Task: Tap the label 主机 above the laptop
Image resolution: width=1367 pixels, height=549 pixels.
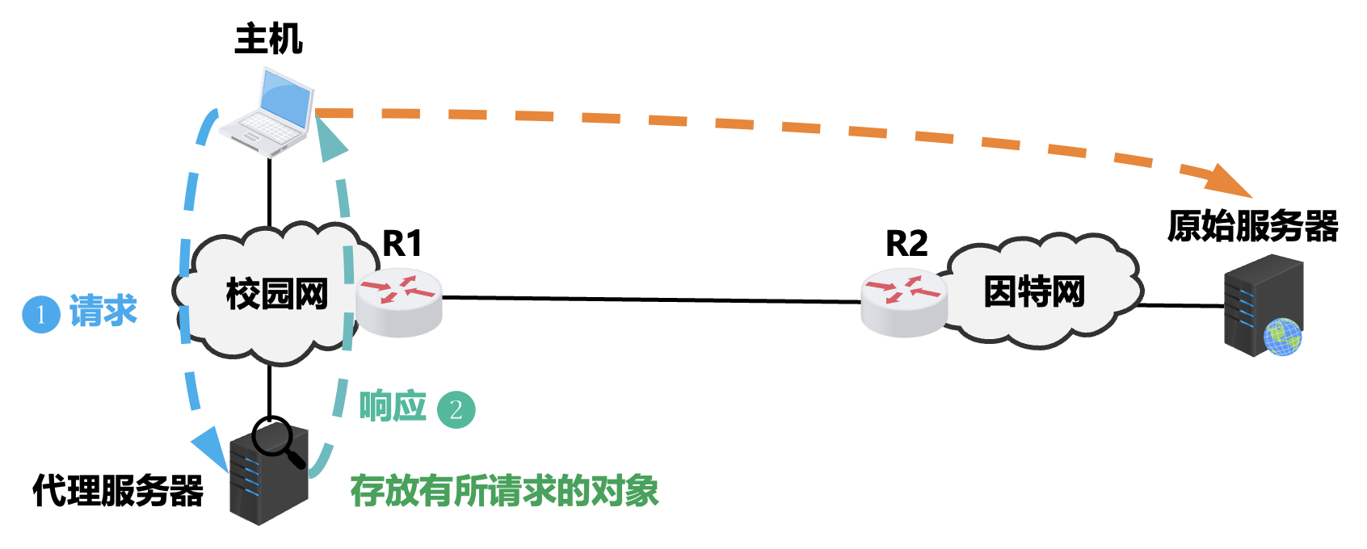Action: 268,39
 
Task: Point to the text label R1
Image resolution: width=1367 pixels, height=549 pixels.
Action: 402,243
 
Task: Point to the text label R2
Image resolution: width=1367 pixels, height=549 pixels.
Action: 906,243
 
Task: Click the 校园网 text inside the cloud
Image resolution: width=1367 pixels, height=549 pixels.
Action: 276,294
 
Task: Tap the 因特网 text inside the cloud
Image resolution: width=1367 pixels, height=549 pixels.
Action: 1033,291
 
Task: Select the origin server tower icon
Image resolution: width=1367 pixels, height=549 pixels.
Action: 1260,305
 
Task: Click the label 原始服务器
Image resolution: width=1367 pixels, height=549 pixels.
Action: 1252,226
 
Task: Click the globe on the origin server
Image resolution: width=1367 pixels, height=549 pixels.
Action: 1282,337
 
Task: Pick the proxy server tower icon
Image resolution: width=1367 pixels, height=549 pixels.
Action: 268,476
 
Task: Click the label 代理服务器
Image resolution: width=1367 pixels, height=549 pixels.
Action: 118,490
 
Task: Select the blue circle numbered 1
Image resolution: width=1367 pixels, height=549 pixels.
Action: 41,314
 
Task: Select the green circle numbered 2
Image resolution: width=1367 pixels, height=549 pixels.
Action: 456,409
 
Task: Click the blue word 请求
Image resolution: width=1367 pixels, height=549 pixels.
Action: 103,311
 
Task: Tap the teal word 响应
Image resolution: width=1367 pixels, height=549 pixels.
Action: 393,406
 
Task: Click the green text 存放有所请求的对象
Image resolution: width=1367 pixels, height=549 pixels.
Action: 504,490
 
